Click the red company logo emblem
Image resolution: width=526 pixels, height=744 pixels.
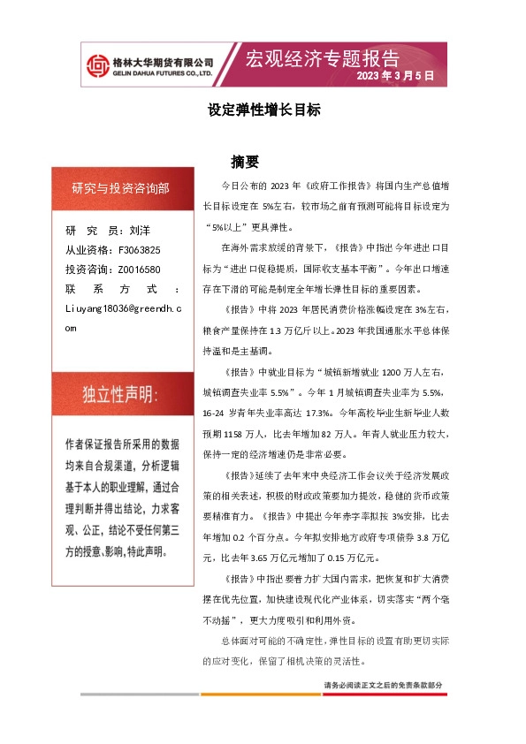pyautogui.click(x=96, y=65)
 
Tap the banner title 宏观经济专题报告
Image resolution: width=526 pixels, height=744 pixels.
pyautogui.click(x=322, y=59)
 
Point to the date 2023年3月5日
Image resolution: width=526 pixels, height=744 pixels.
pyautogui.click(x=396, y=77)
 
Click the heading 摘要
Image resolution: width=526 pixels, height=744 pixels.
pyautogui.click(x=244, y=162)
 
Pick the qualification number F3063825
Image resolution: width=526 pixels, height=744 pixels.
pyautogui.click(x=138, y=250)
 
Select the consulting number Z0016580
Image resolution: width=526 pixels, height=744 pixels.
pyautogui.click(x=138, y=269)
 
